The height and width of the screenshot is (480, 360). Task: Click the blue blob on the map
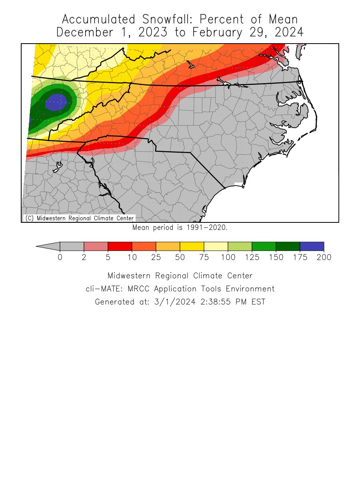[56, 102]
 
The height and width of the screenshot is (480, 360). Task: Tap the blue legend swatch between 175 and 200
[312, 247]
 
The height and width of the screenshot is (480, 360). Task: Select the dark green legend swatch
[288, 247]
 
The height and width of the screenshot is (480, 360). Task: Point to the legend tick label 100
[228, 258]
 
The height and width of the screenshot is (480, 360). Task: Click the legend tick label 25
[156, 258]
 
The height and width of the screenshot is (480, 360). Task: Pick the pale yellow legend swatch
[216, 247]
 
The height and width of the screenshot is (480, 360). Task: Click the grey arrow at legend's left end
[48, 247]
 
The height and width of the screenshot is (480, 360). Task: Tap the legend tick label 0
[60, 258]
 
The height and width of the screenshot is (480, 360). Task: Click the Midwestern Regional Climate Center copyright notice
[79, 218]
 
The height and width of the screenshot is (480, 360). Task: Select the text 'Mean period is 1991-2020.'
[180, 228]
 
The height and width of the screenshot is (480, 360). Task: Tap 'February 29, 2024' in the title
[248, 32]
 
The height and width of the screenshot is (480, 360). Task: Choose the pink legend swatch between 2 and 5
[96, 247]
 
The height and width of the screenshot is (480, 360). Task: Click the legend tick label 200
[324, 258]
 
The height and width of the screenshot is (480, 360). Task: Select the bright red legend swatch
[120, 247]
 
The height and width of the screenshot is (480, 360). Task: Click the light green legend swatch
[240, 247]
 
